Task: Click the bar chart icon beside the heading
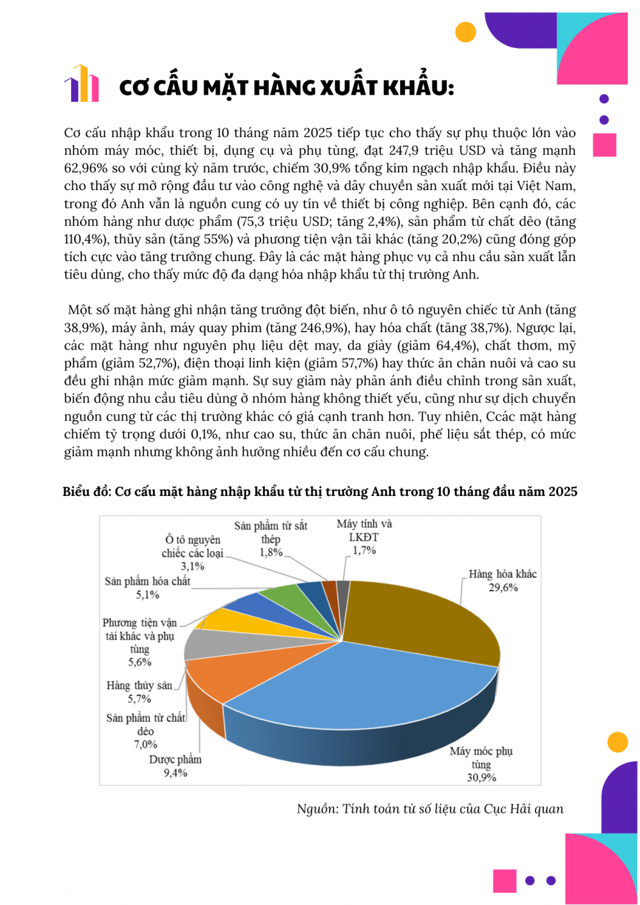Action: click(81, 84)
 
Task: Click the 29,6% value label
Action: click(503, 588)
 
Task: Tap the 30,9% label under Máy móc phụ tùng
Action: click(481, 778)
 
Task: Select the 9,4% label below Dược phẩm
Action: click(175, 773)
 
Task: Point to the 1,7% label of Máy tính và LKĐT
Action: click(364, 550)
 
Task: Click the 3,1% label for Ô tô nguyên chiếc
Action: click(193, 566)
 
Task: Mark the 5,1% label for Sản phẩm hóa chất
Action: click(148, 595)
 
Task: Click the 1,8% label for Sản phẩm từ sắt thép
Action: click(271, 552)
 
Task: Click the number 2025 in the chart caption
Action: click(563, 492)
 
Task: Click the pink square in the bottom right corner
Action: click(505, 881)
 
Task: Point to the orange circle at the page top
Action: click(465, 31)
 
